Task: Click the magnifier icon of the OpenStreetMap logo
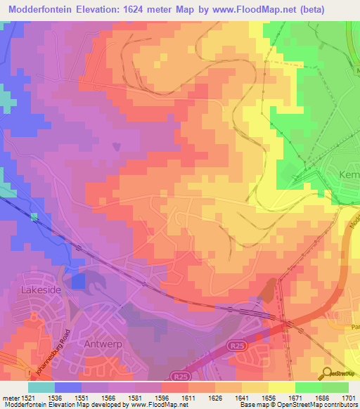tap(328, 372)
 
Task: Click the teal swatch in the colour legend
tap(41, 387)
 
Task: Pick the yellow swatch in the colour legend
tap(282, 387)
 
